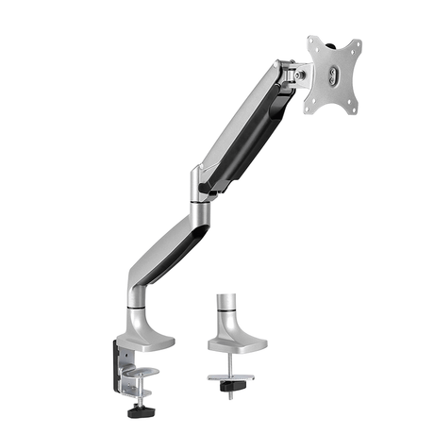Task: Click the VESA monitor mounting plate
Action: click(333, 79)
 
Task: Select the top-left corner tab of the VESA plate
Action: click(313, 42)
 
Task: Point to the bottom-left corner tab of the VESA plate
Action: click(309, 109)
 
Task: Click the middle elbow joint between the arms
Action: click(199, 184)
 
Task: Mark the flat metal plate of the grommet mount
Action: click(229, 376)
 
